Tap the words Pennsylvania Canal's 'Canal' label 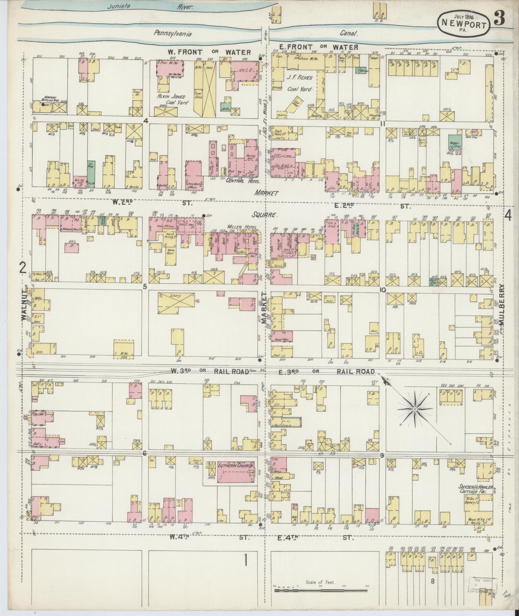(x=352, y=33)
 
